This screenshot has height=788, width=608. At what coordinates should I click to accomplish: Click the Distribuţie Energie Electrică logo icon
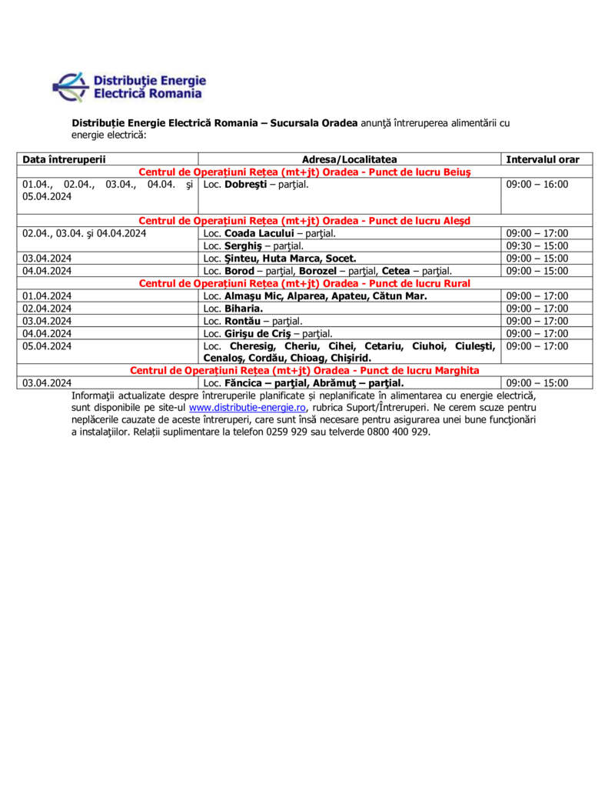point(71,86)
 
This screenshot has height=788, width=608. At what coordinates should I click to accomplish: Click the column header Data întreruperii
point(64,159)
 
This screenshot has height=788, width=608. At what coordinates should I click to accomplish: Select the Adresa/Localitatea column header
point(350,159)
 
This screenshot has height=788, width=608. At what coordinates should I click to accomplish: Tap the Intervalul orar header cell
point(543,159)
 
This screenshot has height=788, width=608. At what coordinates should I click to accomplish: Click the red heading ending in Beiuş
point(304,172)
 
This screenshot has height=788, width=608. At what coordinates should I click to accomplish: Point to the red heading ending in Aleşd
point(304,221)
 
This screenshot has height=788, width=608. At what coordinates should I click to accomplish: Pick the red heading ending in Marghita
point(304,370)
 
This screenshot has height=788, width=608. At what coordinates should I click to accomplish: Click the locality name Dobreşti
point(245,185)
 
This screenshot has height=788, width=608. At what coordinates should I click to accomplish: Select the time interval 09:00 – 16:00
point(537,185)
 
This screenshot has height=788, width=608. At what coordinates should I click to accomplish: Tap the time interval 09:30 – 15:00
point(537,245)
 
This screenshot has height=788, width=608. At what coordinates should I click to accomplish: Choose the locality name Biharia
point(244,308)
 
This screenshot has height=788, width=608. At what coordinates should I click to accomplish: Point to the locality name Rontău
point(242,321)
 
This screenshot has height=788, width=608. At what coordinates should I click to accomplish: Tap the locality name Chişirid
point(350,358)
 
